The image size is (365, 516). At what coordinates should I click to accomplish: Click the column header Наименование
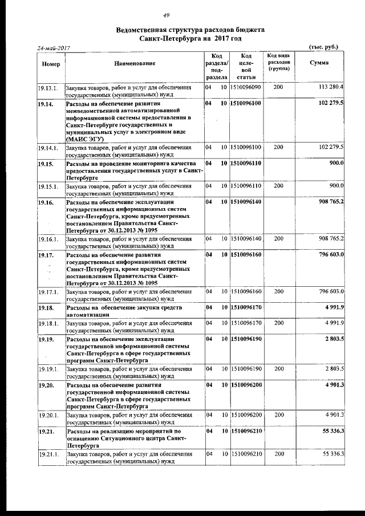[x=134, y=63]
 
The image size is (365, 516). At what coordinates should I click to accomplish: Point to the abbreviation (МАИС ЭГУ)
[x=84, y=138]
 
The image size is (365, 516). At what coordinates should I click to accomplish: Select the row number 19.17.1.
[x=48, y=291]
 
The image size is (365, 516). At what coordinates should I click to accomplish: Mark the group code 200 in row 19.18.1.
[x=278, y=323]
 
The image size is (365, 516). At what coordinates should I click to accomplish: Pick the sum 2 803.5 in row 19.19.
[x=334, y=339]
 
